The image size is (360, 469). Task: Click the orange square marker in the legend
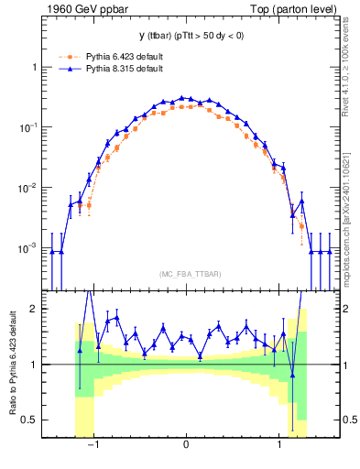point(66,56)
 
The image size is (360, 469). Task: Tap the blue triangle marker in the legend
point(66,69)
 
